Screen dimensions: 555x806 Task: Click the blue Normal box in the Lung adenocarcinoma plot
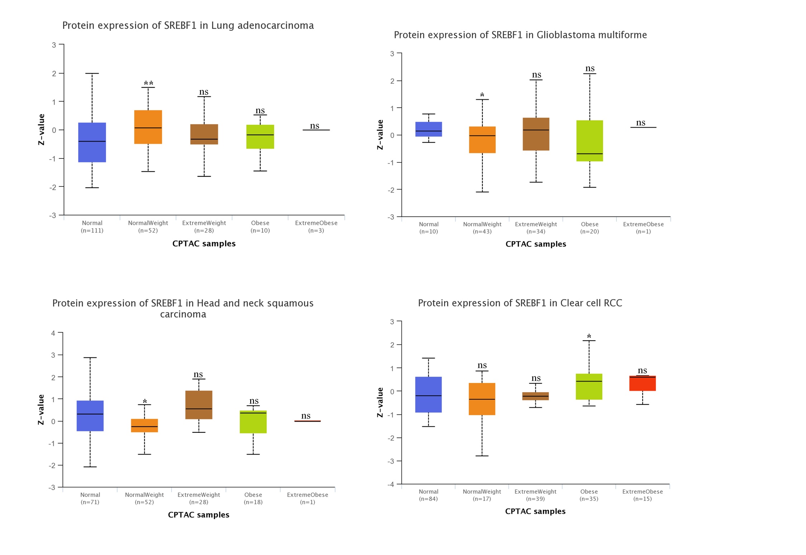(x=92, y=142)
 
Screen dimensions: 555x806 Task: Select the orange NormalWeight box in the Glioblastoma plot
(x=482, y=140)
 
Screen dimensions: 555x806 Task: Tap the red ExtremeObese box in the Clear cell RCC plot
(x=642, y=383)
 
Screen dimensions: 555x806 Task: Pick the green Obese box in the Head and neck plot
(x=253, y=422)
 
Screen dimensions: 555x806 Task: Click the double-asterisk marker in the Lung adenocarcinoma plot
(x=148, y=84)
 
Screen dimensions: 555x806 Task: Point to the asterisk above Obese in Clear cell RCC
(x=589, y=336)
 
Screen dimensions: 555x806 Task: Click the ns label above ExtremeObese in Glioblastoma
(x=640, y=123)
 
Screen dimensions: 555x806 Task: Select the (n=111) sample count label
(x=92, y=231)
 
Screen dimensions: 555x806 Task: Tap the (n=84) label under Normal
(x=428, y=499)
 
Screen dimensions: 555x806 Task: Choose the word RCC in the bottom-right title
(x=612, y=303)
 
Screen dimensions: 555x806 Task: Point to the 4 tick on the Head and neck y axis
(x=53, y=333)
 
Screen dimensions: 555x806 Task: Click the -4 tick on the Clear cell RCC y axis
(x=391, y=484)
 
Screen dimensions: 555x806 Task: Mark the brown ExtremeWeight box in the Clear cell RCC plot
(x=535, y=396)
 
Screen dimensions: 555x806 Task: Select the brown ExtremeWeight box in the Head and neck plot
(x=199, y=405)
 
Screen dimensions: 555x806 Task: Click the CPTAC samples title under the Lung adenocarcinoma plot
(x=204, y=243)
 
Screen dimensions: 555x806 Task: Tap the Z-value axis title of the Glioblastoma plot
(x=380, y=135)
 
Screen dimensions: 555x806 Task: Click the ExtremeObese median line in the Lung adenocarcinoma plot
(x=316, y=130)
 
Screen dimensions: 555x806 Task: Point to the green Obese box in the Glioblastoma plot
(x=590, y=141)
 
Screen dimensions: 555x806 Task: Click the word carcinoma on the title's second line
(x=183, y=314)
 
